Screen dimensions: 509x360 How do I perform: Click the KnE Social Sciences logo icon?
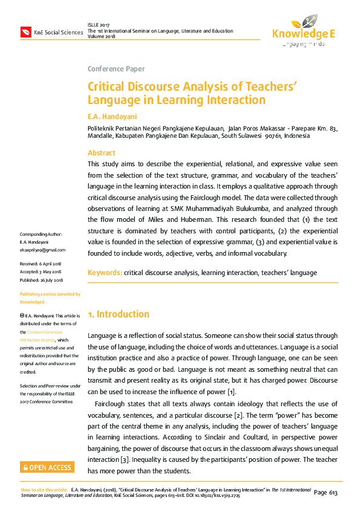(26, 32)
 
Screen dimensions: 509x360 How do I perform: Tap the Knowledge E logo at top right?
(303, 30)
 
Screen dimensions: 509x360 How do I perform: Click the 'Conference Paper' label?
(116, 68)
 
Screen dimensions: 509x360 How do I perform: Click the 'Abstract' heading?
(101, 153)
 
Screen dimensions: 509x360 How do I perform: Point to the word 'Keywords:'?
(105, 273)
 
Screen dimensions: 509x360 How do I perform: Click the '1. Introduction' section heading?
(119, 314)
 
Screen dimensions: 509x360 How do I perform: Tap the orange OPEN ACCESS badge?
(47, 467)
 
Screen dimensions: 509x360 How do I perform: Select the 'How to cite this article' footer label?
(44, 490)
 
